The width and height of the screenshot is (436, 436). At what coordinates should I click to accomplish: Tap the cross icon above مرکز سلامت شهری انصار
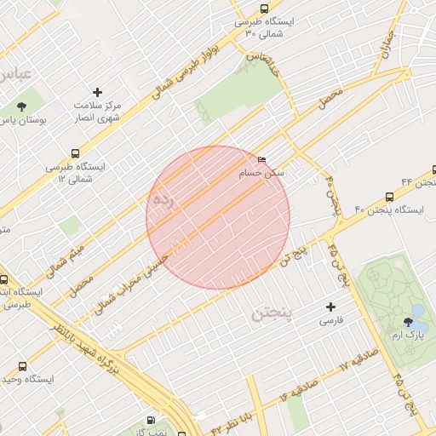point(97,92)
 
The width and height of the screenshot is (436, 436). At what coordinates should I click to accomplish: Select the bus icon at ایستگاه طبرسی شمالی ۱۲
point(77,154)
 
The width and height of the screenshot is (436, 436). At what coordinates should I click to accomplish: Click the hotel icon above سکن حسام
point(261,159)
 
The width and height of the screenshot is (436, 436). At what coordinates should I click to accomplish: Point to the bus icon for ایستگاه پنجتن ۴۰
point(389,196)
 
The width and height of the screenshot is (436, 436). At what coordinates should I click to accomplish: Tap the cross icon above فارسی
point(331,307)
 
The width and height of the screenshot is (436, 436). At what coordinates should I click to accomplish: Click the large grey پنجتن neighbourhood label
point(272,315)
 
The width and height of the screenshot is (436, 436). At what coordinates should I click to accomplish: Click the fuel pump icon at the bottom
point(151,421)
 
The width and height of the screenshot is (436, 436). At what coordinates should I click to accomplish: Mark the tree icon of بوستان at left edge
point(20,106)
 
